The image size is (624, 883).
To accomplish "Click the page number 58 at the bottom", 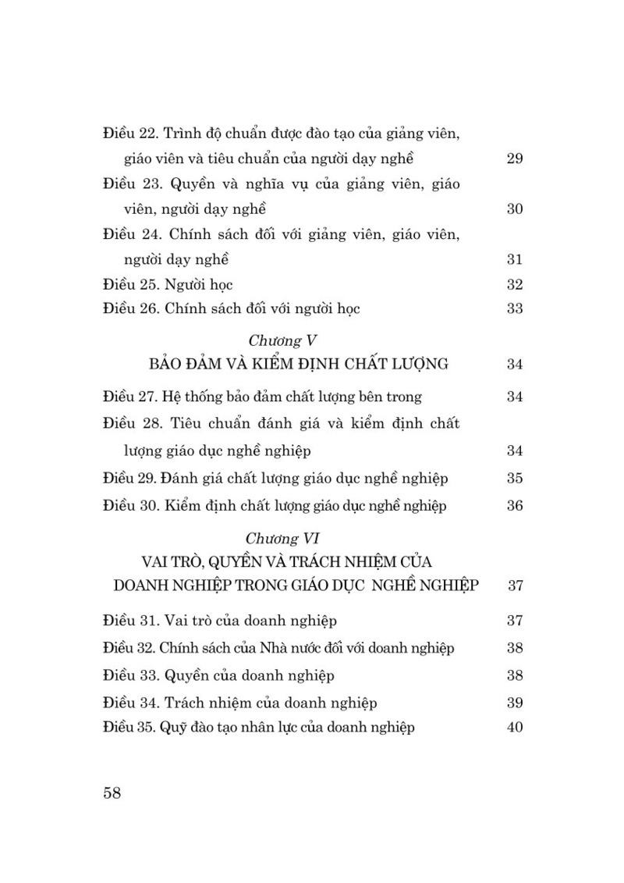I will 112,793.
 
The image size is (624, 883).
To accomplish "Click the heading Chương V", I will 281,340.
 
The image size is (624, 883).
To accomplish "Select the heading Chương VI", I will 282,539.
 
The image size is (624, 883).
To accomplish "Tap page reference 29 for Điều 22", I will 514,159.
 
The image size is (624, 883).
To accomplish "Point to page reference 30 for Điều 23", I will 514,209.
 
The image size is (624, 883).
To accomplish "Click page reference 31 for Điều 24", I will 514,259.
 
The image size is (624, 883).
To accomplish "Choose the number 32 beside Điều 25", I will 514,284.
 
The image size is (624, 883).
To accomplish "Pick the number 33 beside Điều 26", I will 514,308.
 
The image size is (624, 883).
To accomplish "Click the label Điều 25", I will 130,284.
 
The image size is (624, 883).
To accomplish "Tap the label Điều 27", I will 130,397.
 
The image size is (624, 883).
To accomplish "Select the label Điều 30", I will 130,505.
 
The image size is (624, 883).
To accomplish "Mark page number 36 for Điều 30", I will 514,505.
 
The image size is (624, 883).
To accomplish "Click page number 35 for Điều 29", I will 514,479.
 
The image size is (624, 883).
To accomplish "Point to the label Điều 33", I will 130,675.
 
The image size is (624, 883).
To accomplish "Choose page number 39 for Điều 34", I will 514,703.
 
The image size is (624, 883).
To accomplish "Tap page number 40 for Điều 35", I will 514,728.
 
